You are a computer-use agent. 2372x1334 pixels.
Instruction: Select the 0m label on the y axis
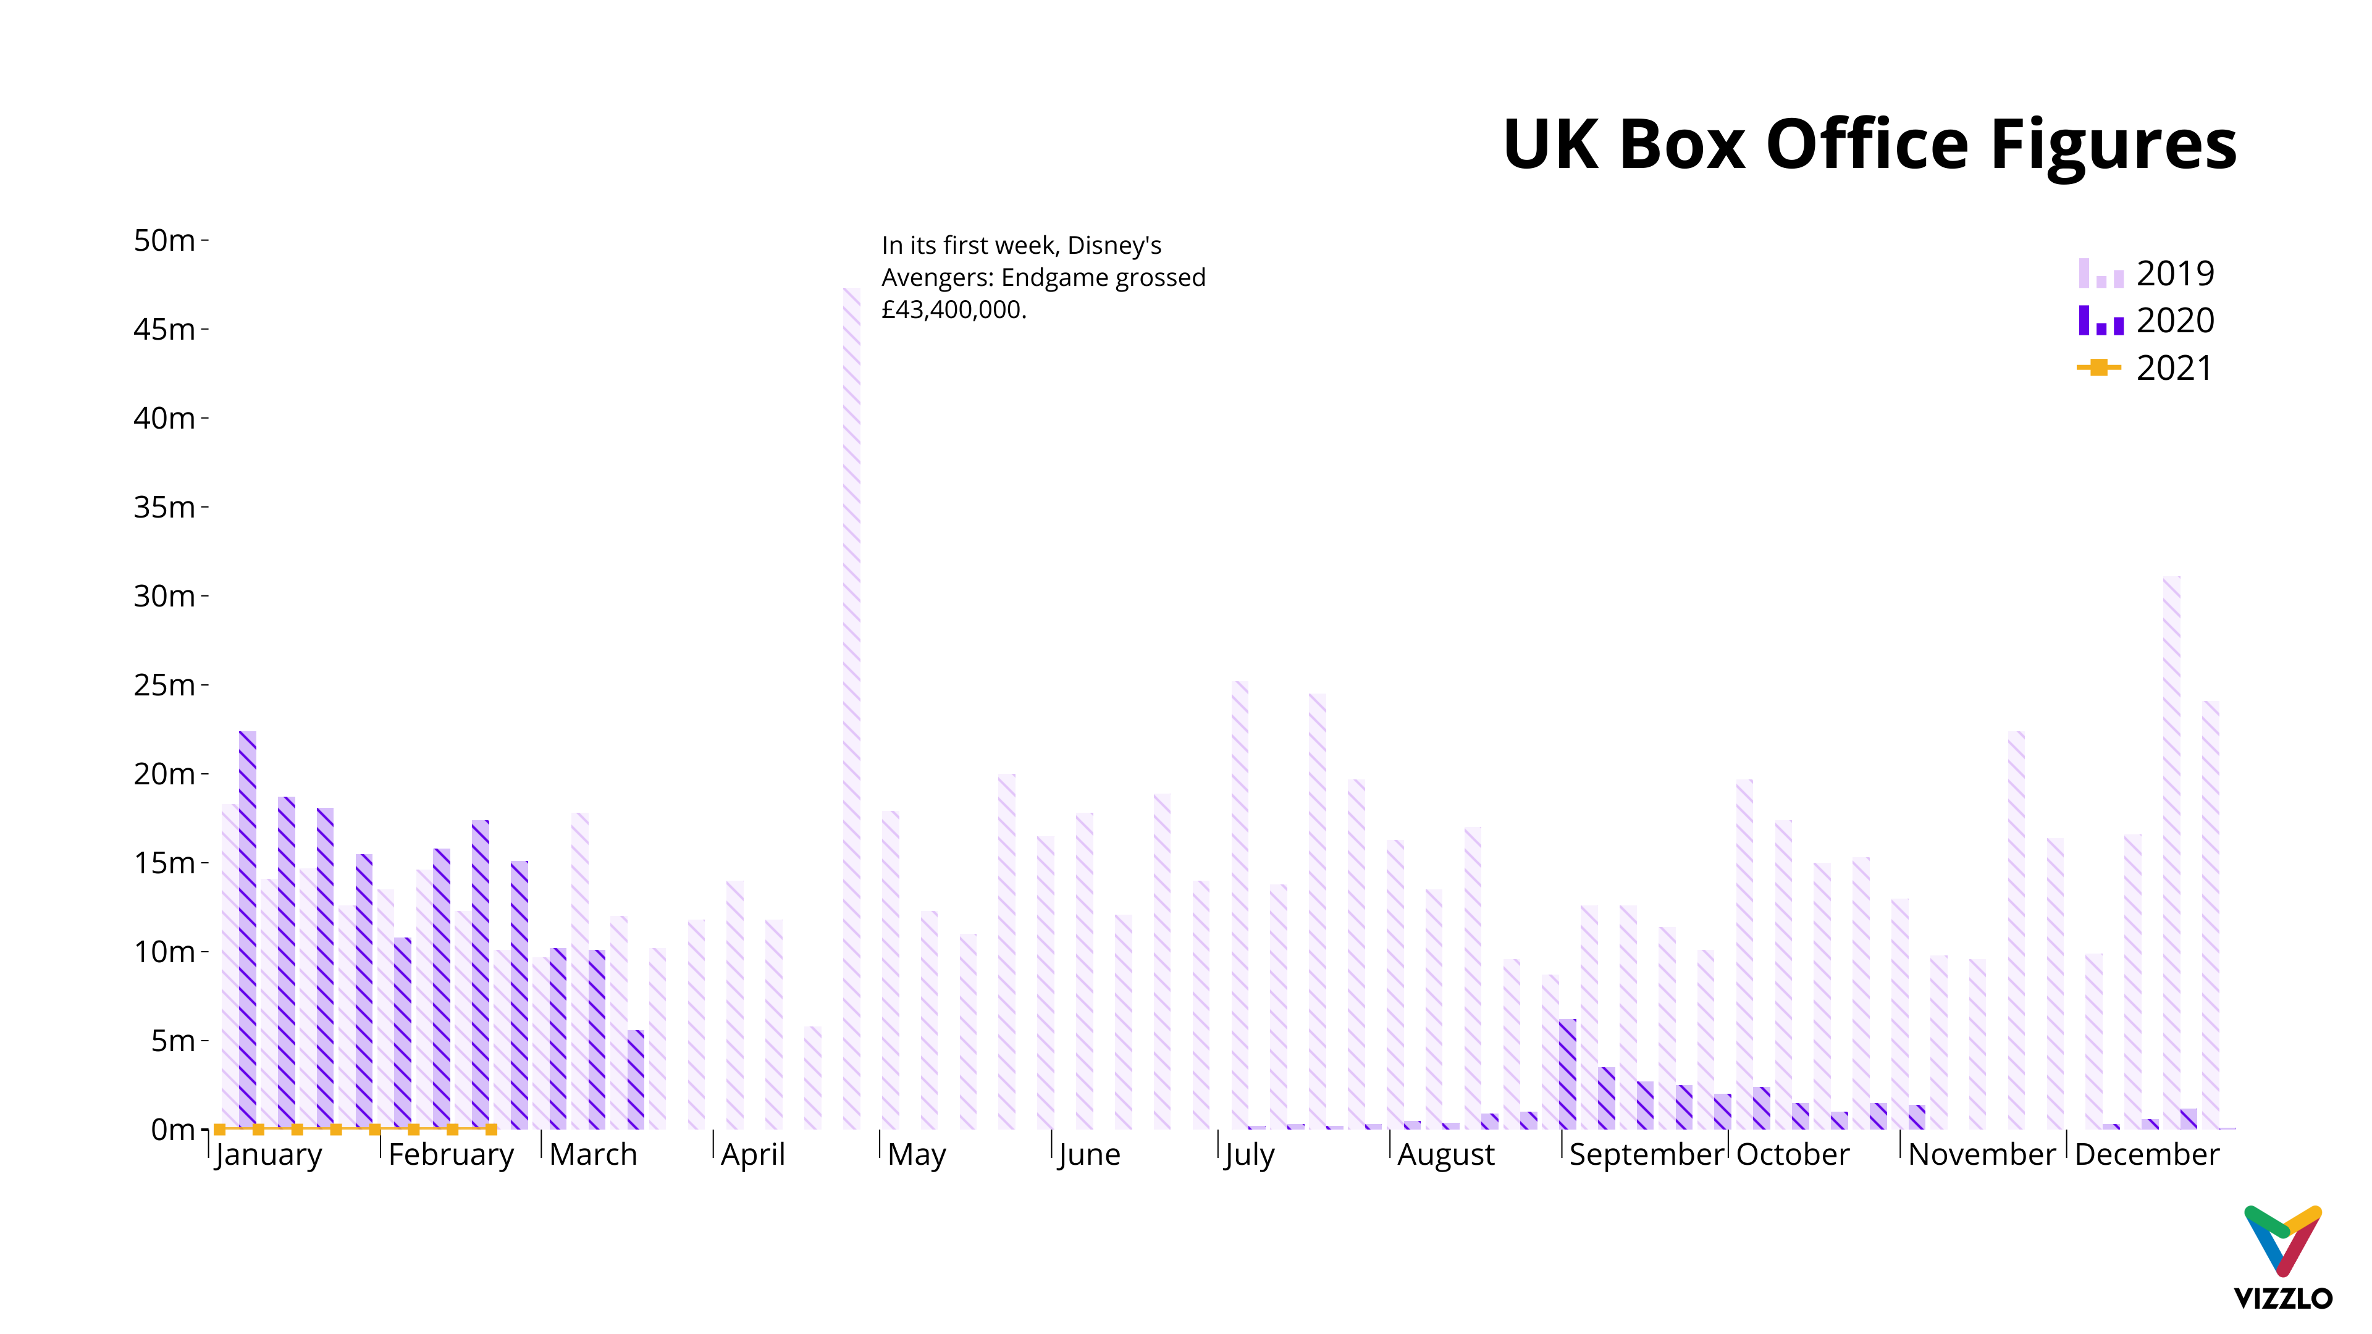coord(172,1130)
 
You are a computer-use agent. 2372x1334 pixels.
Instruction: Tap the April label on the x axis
coord(752,1154)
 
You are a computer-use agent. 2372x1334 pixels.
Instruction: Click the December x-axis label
coord(2147,1154)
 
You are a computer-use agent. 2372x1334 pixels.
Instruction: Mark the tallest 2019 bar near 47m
coord(852,709)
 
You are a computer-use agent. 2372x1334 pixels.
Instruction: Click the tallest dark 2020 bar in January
coord(248,930)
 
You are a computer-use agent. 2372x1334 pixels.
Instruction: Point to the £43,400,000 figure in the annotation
coord(953,310)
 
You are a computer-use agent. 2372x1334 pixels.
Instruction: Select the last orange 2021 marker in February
coord(491,1130)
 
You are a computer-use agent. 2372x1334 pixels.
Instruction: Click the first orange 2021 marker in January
coord(220,1130)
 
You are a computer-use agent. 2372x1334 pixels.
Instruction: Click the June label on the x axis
coord(1089,1154)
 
